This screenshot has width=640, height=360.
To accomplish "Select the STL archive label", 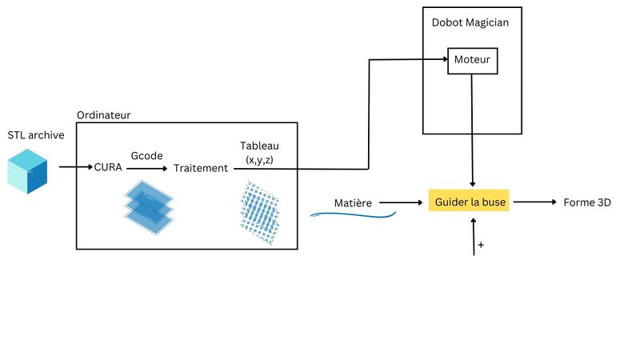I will click(x=36, y=135).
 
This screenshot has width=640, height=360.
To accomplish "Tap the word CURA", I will click(x=108, y=168).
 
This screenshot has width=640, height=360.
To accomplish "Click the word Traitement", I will click(x=201, y=168).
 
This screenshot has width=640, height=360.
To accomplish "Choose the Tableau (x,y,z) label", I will click(x=260, y=153).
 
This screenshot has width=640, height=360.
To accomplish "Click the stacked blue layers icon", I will click(x=149, y=205).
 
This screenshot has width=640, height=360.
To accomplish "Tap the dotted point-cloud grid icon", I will click(x=262, y=212).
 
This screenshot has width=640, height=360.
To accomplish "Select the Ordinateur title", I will click(x=104, y=115).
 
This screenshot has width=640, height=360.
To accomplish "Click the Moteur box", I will click(x=472, y=60).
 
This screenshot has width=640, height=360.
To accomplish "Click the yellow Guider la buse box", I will click(x=470, y=202).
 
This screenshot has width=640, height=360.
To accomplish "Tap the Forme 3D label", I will click(x=587, y=202).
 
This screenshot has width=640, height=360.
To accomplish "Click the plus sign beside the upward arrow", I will click(x=481, y=244).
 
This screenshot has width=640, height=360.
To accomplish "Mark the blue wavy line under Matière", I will click(x=352, y=214).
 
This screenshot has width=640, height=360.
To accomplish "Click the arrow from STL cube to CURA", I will click(x=76, y=168).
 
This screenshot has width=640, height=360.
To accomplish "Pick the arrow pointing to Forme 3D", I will click(x=534, y=202).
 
